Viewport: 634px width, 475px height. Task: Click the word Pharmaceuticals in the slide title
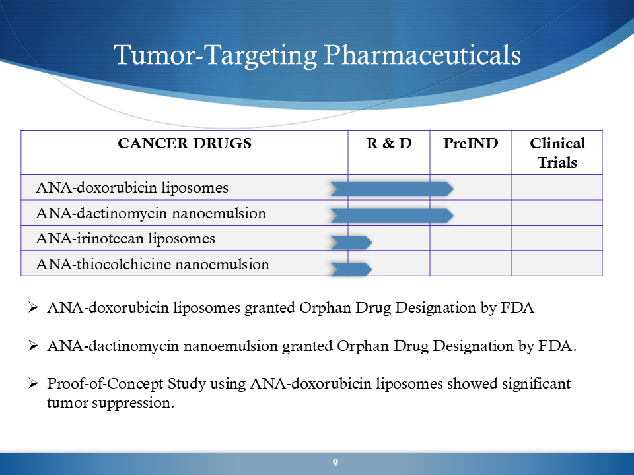pyautogui.click(x=422, y=55)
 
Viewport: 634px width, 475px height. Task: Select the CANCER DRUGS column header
pyautogui.click(x=184, y=143)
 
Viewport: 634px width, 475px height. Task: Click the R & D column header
pyautogui.click(x=389, y=143)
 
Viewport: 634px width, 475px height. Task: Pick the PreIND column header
pyautogui.click(x=471, y=143)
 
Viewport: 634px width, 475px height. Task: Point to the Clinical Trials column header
pyautogui.click(x=557, y=152)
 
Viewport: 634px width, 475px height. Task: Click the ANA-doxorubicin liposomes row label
pyautogui.click(x=132, y=188)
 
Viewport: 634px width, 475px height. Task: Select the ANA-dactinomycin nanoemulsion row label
pyautogui.click(x=151, y=214)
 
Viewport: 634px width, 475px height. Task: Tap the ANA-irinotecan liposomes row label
pyautogui.click(x=125, y=239)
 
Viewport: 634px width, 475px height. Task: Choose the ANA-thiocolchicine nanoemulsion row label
pyautogui.click(x=153, y=264)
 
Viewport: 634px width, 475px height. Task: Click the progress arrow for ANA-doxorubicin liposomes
pyautogui.click(x=392, y=189)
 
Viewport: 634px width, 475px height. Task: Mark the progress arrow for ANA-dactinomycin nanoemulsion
pyautogui.click(x=392, y=216)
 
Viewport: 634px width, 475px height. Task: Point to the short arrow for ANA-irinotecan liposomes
pyautogui.click(x=351, y=242)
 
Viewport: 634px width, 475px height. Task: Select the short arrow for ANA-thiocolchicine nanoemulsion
pyautogui.click(x=351, y=269)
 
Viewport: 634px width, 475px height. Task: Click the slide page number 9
pyautogui.click(x=335, y=463)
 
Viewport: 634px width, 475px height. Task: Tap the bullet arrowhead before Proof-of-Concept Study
pyautogui.click(x=33, y=383)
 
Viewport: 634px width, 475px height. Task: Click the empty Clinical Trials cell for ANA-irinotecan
pyautogui.click(x=557, y=238)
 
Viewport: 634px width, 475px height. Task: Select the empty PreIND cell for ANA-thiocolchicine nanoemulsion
pyautogui.click(x=471, y=263)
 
